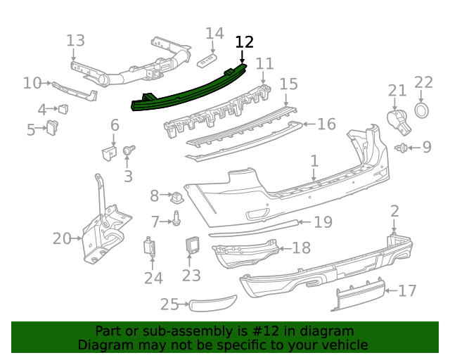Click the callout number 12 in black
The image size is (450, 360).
click(244, 42)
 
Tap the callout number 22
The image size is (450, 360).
click(423, 83)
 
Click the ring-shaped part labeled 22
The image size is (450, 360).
click(423, 110)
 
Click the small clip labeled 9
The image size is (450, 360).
click(402, 148)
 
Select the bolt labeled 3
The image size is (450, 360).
click(129, 150)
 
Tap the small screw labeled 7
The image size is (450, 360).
click(176, 221)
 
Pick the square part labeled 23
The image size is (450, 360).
click(192, 245)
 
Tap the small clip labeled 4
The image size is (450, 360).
click(64, 108)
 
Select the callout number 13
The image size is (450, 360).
click(75, 40)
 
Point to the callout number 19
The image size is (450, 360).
click(323, 222)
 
